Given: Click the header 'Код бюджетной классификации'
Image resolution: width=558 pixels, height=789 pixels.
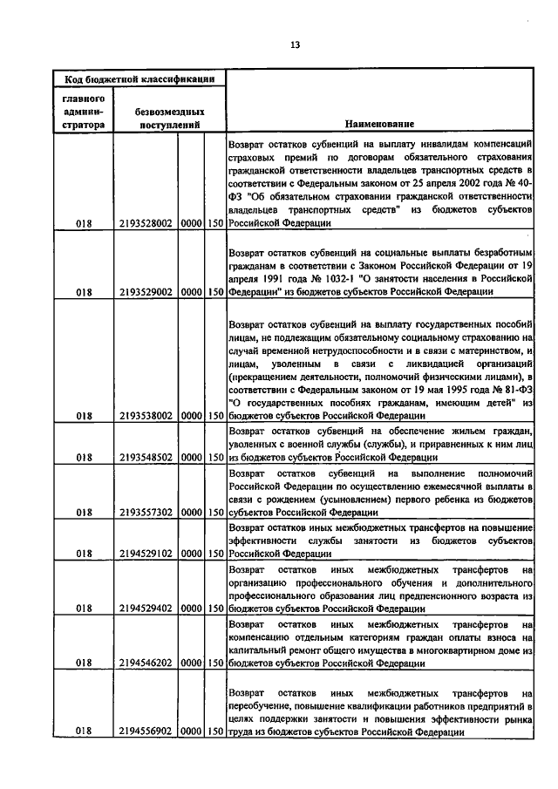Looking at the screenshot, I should [139, 80].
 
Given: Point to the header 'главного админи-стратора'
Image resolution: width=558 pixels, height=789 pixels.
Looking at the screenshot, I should [84, 112].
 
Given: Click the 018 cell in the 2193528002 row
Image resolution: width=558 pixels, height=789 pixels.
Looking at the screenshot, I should [84, 223].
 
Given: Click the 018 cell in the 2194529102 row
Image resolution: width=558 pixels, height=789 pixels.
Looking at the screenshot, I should [84, 553].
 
